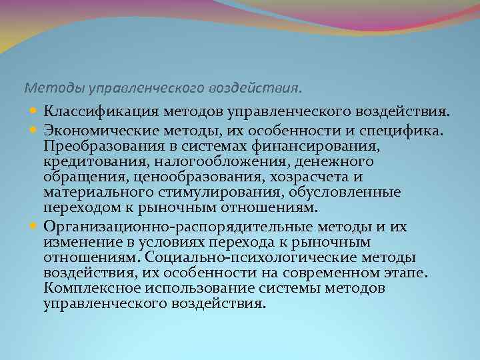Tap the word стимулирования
[214, 193]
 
